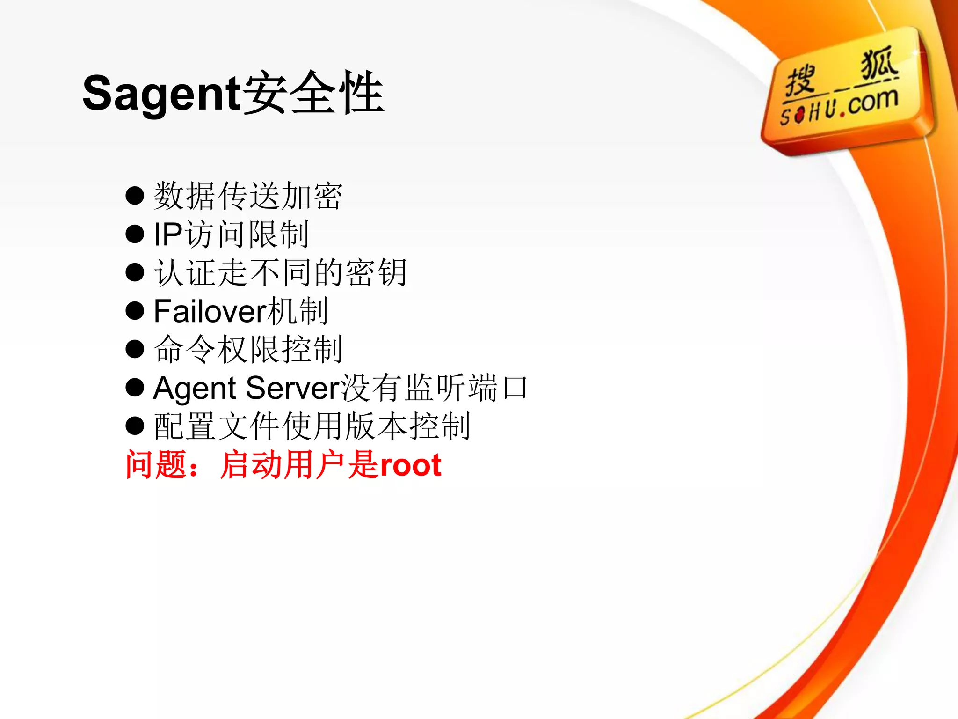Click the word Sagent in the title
pos(162,94)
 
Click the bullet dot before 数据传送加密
pos(135,196)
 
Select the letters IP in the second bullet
pos(168,234)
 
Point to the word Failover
pos(210,311)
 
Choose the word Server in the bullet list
pos(293,388)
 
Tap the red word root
pos(411,465)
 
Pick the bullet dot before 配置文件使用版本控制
pos(135,426)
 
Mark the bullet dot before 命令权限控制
pos(135,349)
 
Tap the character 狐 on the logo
pos(879,64)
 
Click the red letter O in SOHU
pos(800,114)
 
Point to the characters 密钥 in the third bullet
pos(377,272)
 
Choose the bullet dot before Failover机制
pos(135,311)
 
